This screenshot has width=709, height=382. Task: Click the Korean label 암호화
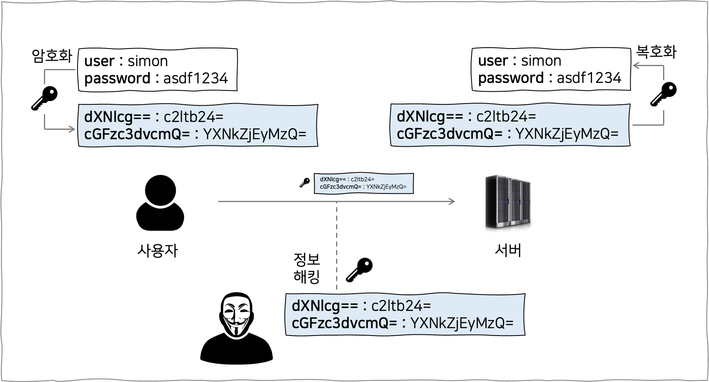tap(52, 56)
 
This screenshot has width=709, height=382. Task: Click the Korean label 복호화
tap(656, 52)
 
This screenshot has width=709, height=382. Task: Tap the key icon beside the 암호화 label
tap(45, 98)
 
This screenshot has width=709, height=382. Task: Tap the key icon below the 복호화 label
tap(664, 94)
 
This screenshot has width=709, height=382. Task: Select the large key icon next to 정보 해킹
tap(359, 270)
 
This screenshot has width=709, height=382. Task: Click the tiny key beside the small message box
tap(304, 183)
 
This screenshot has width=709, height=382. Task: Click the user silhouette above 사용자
tap(160, 203)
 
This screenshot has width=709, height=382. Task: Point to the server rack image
tap(508, 202)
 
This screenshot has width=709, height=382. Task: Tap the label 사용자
tap(158, 251)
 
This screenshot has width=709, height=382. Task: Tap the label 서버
tap(508, 250)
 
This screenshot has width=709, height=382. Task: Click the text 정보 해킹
tap(306, 268)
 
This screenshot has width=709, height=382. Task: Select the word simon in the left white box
tap(148, 61)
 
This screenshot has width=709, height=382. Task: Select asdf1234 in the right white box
tap(589, 78)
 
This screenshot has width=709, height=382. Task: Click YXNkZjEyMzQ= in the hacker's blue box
tap(462, 323)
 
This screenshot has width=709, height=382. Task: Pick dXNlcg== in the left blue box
tap(117, 117)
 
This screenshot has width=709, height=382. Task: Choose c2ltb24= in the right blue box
tap(506, 117)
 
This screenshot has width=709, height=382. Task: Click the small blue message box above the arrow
tap(364, 183)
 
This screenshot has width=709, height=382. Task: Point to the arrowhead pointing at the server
tap(452, 201)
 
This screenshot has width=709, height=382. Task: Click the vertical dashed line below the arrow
tap(336, 246)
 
